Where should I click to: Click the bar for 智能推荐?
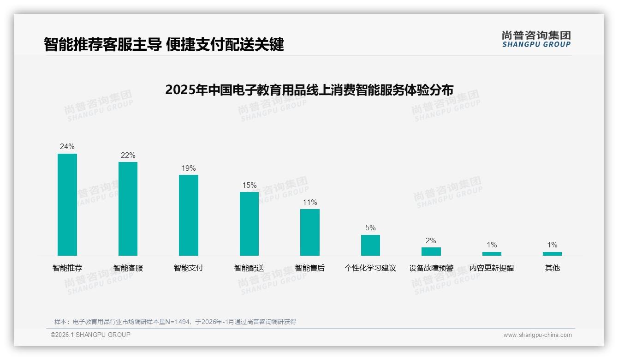tap(67, 204)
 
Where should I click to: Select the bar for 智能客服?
tap(128, 209)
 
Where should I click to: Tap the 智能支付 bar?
tap(189, 215)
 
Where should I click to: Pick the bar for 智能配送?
tap(249, 224)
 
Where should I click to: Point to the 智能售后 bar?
tap(309, 232)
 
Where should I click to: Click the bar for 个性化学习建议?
tap(370, 245)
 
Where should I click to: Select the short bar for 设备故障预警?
tap(431, 252)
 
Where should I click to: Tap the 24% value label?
tap(67, 147)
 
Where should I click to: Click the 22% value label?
tap(128, 156)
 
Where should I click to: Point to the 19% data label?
tap(189, 168)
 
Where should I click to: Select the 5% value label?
tap(370, 228)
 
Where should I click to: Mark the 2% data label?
tap(431, 241)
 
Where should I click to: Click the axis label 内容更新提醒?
tap(492, 268)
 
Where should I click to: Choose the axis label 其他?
tap(552, 268)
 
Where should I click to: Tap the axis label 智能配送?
tap(249, 268)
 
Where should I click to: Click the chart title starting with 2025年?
tap(309, 90)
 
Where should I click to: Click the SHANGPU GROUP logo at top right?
tap(536, 39)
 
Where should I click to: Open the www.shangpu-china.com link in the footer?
tap(537, 335)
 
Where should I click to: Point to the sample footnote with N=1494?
tap(175, 322)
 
